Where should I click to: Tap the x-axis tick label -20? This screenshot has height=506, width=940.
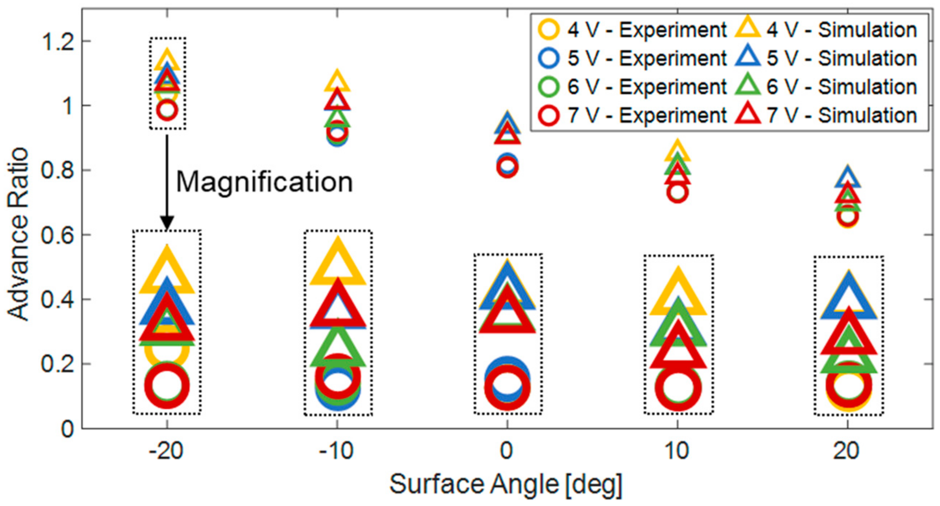click(x=166, y=451)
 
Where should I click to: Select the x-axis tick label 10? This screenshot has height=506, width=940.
click(x=677, y=451)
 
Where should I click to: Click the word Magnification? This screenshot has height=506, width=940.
click(x=264, y=182)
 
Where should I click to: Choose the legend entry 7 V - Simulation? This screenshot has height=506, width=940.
click(x=827, y=115)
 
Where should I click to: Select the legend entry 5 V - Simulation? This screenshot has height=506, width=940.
click(x=827, y=58)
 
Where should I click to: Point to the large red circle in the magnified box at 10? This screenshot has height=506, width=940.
click(x=678, y=388)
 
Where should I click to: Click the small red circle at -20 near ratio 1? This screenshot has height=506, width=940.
click(x=167, y=109)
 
